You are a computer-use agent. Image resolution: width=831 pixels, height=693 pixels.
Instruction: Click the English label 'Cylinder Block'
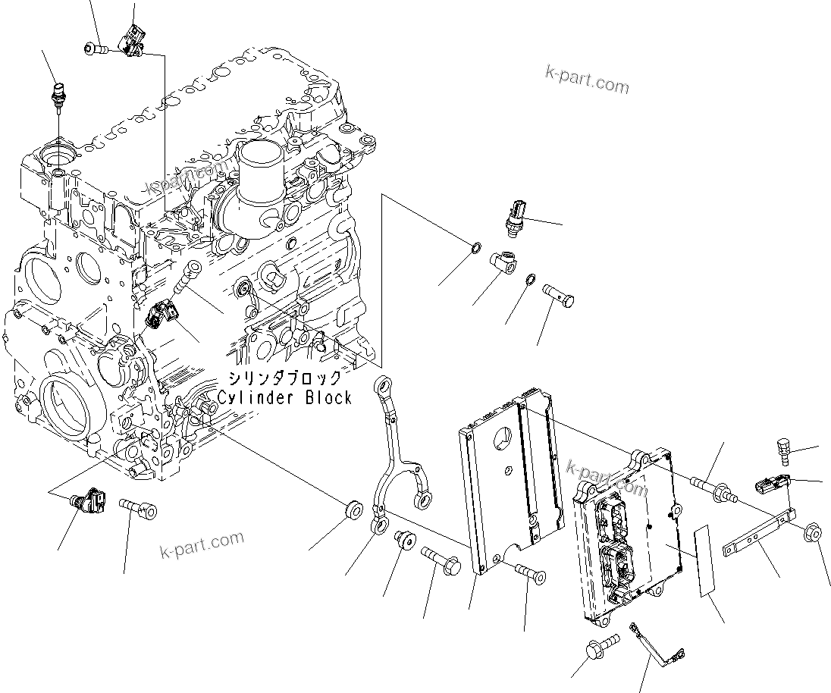pyautogui.click(x=284, y=397)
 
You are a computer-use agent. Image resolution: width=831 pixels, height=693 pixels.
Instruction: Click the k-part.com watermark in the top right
pyautogui.click(x=587, y=80)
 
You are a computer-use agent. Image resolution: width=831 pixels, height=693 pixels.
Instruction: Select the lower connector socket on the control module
pyautogui.click(x=616, y=569)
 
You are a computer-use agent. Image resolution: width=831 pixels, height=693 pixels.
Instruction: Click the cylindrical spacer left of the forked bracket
pyautogui.click(x=353, y=510)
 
